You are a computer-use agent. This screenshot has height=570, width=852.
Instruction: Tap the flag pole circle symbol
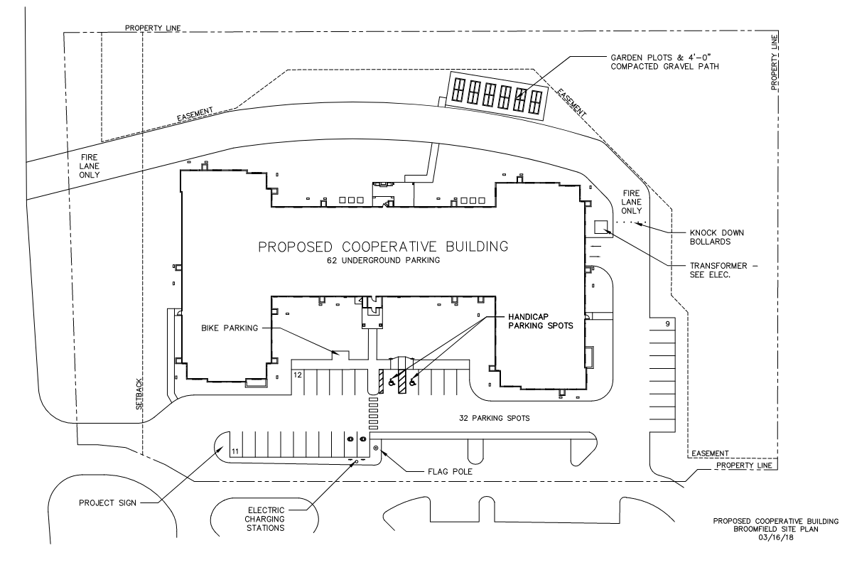375,448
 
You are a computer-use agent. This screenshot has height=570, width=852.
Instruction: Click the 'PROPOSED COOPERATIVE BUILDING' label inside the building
383,247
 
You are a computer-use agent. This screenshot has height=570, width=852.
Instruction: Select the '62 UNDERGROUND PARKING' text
383,260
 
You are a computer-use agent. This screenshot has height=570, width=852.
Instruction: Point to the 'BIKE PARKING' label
230,328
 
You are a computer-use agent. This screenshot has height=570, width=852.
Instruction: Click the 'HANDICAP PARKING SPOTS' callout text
540,321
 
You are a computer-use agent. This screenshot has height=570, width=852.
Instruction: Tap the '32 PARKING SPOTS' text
494,418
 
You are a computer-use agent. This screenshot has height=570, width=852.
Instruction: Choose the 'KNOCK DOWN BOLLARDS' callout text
717,237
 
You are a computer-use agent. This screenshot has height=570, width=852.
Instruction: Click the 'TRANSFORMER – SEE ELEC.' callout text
722,270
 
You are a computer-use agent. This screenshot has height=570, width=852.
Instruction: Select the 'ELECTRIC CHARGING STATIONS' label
266,519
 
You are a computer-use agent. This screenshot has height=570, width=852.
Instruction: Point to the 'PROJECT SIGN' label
107,502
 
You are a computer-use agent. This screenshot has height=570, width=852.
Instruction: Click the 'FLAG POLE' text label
450,471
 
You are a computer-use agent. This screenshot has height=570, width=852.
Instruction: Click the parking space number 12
298,375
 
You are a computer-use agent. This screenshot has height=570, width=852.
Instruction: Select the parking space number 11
235,451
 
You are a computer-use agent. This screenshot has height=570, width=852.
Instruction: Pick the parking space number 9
667,324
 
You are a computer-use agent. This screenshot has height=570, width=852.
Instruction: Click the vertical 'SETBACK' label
139,394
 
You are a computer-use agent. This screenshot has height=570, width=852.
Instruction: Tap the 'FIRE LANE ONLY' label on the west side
89,166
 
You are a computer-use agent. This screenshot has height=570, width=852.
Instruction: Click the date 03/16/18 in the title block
775,537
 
